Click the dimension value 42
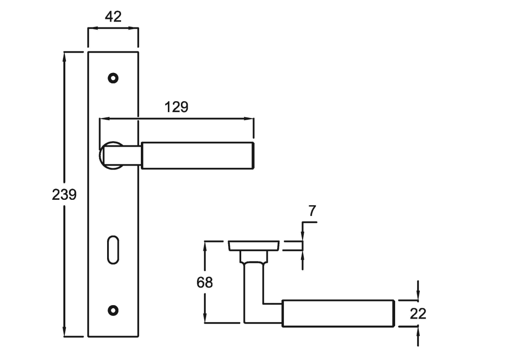coord(113,17)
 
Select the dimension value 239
coord(64,195)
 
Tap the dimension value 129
coord(176,107)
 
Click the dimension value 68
coord(205,283)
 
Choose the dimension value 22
coord(418,313)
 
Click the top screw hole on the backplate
coord(113,78)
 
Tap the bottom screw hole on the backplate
coord(113,310)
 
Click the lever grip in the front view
coord(197,156)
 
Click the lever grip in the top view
coord(338,313)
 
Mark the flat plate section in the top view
coord(254,246)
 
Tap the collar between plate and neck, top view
coord(253,256)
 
